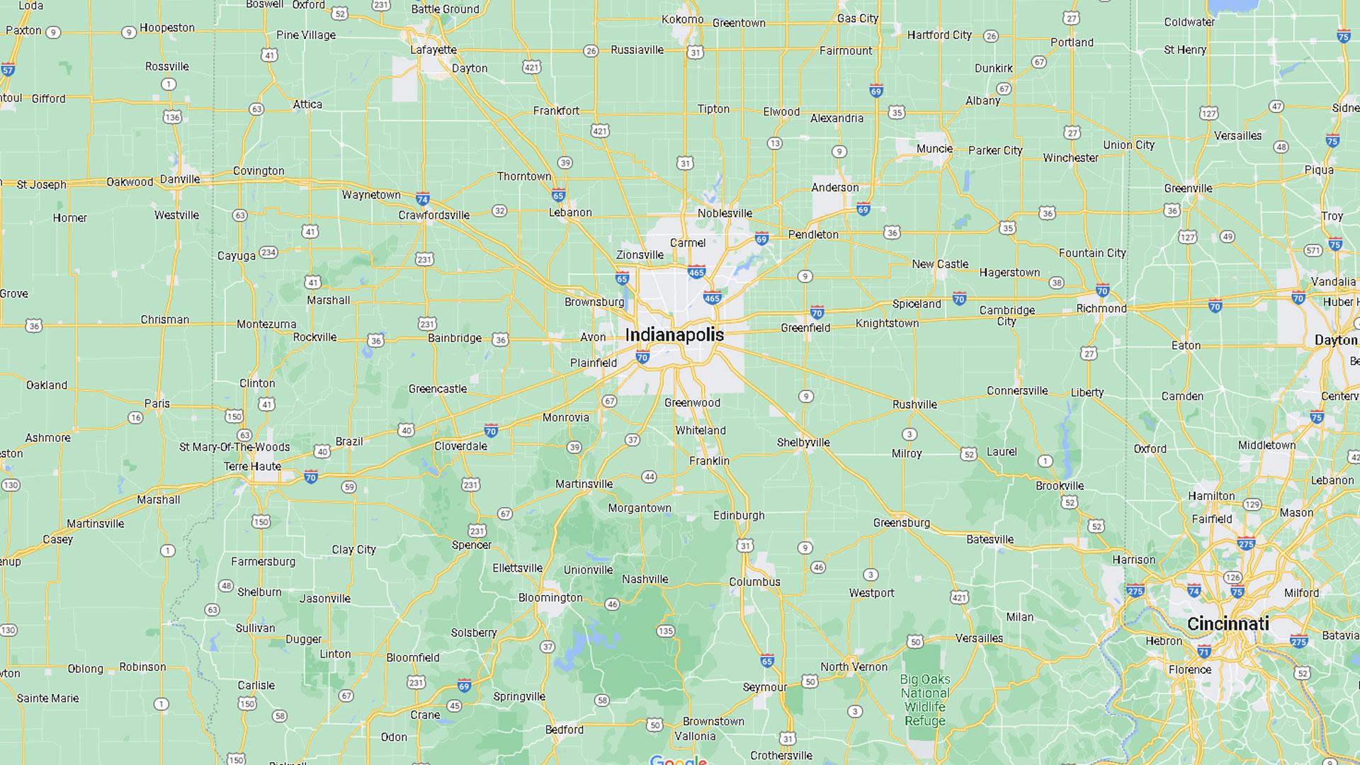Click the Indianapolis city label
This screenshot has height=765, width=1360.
click(x=674, y=335)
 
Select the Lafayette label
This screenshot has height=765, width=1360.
click(x=433, y=50)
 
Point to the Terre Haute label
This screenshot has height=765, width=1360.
click(x=252, y=466)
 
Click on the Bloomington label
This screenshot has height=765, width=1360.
click(x=550, y=597)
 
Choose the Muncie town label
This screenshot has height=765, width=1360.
click(x=934, y=148)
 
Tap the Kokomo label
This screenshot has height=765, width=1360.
click(x=683, y=19)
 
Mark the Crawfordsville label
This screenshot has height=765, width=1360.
click(x=433, y=215)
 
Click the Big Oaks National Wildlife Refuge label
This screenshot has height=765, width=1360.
click(x=924, y=700)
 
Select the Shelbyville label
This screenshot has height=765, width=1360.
click(x=803, y=442)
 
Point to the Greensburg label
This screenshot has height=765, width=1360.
click(x=901, y=523)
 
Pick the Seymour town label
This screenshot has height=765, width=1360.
click(x=764, y=686)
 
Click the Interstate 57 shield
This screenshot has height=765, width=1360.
click(x=8, y=69)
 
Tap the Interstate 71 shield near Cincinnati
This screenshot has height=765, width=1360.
click(x=1204, y=651)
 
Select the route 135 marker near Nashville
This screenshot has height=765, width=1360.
click(x=665, y=631)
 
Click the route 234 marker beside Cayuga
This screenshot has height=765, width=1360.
click(x=268, y=252)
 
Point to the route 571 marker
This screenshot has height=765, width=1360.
click(x=1313, y=250)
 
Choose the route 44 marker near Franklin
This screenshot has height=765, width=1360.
click(x=650, y=477)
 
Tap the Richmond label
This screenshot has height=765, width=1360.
click(x=1101, y=308)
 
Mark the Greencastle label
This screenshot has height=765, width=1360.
click(x=438, y=388)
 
